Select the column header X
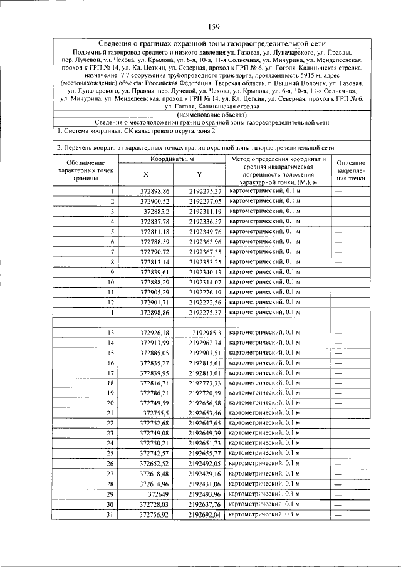(x=145, y=175)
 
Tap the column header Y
(x=199, y=175)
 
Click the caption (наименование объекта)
(x=212, y=115)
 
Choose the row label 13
(x=111, y=333)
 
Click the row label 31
(x=111, y=514)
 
